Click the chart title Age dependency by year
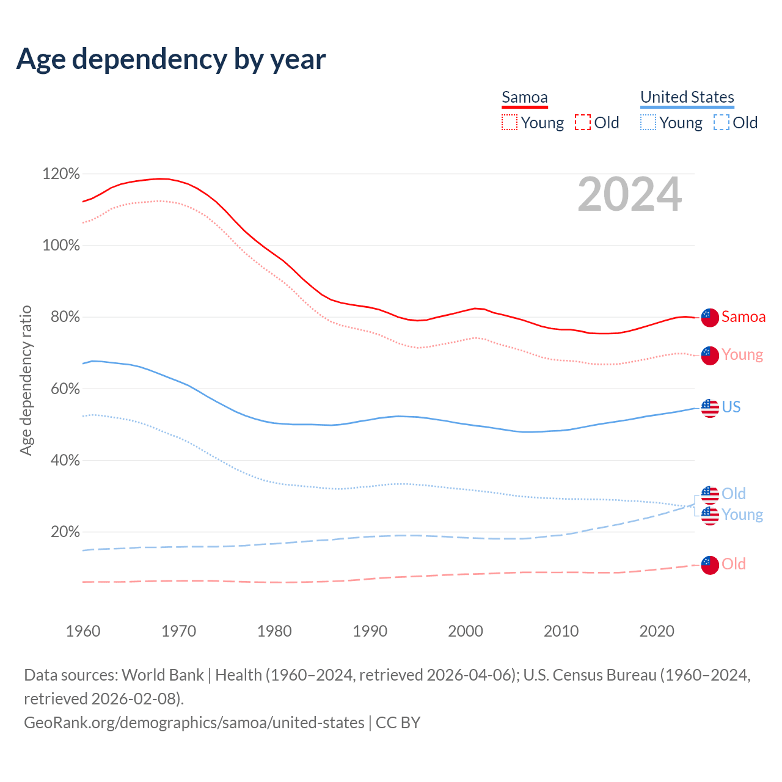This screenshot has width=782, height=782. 171,59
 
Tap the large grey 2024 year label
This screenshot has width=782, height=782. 629,194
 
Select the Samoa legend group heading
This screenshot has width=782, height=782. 524,97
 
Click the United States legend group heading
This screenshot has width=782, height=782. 687,97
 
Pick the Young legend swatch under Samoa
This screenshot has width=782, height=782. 510,123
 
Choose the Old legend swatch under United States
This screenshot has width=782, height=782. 721,123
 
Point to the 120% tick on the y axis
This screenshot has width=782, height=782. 61,174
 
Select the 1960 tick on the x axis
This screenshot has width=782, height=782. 83,630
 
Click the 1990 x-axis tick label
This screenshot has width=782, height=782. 370,630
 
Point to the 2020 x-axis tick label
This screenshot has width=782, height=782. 657,630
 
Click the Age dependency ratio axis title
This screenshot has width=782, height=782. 26,380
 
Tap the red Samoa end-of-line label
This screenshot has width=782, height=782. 743,316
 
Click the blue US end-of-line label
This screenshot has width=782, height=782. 731,407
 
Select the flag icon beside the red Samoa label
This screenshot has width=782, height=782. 710,318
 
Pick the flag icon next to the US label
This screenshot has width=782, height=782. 710,408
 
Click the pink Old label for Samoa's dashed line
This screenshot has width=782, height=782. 733,564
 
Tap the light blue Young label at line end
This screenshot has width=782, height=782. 742,514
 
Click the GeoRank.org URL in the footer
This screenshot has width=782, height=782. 194,723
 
